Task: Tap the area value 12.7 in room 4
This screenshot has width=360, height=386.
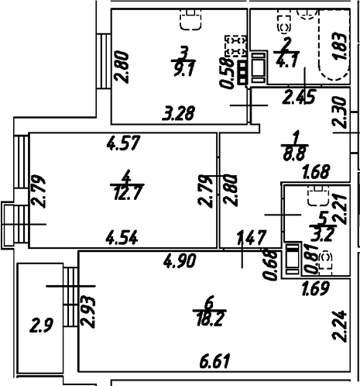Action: [x=127, y=193]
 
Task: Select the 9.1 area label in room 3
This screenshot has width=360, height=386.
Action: [x=184, y=69]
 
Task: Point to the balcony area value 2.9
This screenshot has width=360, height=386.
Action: [x=42, y=326]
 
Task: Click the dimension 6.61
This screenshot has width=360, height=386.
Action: [x=214, y=360]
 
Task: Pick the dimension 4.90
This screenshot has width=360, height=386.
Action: [x=180, y=260]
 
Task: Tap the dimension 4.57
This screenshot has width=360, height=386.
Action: [x=124, y=143]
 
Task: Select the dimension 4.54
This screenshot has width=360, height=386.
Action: [x=122, y=238]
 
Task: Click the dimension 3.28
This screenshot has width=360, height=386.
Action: [x=179, y=113]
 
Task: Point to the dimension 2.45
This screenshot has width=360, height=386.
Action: [x=299, y=97]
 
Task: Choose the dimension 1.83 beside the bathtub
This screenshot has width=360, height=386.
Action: [x=339, y=47]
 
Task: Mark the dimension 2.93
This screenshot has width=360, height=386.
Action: [x=88, y=312]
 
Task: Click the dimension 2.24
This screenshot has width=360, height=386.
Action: [x=339, y=326]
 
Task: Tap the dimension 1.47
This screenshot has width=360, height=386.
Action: [x=252, y=238]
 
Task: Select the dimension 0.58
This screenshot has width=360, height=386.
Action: [x=226, y=73]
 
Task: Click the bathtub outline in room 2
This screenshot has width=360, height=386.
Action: [x=334, y=46]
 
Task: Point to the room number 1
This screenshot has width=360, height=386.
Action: [x=296, y=137]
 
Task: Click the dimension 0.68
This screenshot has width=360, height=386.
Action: [x=271, y=265]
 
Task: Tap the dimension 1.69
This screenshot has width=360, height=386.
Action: [x=316, y=288]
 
